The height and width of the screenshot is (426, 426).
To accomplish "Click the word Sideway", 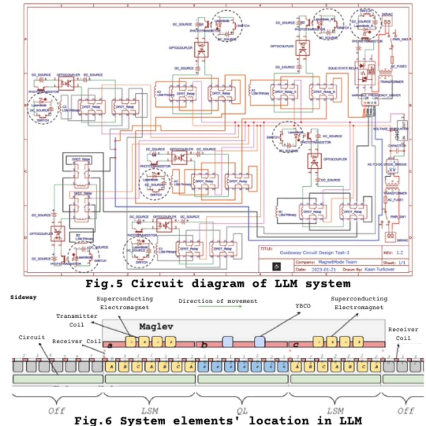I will point(24,296).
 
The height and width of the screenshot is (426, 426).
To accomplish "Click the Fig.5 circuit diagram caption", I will point(218,283).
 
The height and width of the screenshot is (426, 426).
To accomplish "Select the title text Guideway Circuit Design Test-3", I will point(316,252).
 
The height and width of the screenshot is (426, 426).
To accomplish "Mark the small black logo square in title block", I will point(276,266).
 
